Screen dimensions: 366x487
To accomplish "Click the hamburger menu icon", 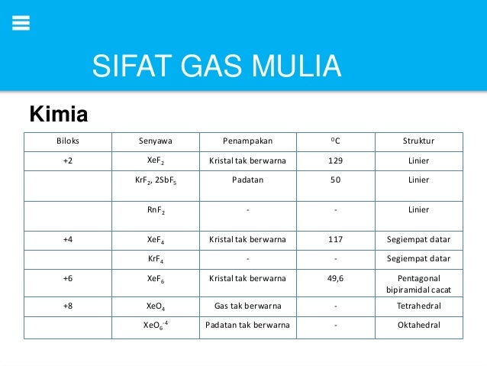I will click(21, 23).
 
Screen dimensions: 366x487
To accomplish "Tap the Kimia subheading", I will click(58, 115).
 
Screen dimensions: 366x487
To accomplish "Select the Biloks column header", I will click(68, 141).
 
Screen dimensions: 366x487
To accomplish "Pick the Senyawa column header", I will click(155, 141).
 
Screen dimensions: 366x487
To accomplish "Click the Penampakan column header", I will click(247, 141).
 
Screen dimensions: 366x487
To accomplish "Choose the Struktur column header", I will click(418, 141).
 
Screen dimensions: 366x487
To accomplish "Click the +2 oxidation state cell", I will click(68, 161).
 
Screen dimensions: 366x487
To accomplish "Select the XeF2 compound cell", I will click(155, 161).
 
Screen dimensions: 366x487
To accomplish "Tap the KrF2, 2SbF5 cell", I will click(155, 180).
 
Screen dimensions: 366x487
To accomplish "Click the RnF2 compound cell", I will click(155, 210).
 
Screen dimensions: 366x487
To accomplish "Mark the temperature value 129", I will click(335, 161).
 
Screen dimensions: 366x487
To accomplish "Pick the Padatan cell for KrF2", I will click(247, 180).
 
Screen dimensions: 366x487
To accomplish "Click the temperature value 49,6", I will click(335, 278).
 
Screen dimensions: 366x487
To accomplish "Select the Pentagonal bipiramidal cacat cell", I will click(418, 285).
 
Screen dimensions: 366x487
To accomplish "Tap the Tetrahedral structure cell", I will click(418, 307).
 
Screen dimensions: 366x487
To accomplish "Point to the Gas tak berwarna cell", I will click(247, 307).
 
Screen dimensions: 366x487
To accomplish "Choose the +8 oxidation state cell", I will click(68, 307).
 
